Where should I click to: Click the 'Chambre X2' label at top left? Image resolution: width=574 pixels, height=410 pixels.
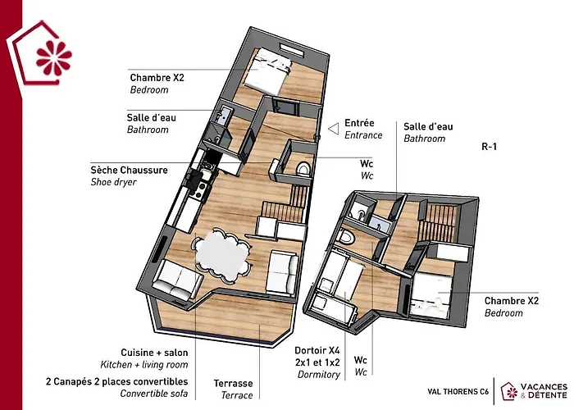157,78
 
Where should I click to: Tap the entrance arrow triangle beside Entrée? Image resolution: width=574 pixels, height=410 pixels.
334,129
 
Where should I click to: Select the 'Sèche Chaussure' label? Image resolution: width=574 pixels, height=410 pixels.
130,170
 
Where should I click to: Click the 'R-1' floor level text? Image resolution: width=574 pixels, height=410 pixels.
489,147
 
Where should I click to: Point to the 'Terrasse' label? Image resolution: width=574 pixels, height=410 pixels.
233,383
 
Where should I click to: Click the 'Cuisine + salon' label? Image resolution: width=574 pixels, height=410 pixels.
154,353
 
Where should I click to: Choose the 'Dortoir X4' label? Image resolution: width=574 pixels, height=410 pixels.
317,350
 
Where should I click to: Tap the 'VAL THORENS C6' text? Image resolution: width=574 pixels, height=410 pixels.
458,392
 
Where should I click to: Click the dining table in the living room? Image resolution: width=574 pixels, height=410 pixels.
222,254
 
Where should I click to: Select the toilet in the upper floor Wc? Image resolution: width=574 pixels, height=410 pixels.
303,170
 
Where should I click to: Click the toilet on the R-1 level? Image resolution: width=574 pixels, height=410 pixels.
346,236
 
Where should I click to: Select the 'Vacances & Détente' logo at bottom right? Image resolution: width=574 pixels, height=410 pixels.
534,391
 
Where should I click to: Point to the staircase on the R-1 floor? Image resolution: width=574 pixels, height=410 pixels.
438,222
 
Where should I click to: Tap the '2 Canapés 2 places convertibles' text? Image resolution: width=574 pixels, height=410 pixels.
116,381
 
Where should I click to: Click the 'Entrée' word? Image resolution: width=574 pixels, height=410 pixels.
359,123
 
